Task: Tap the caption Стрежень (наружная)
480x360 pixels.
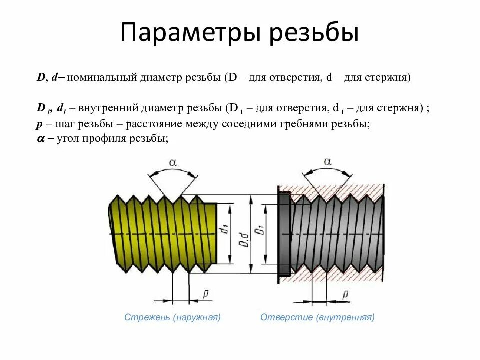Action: [x=172, y=317]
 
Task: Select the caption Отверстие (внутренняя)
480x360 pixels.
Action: [x=317, y=317]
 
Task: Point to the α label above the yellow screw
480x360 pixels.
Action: [x=173, y=162]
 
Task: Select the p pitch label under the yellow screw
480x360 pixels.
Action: [x=205, y=293]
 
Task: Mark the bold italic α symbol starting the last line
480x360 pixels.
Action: [x=41, y=140]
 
